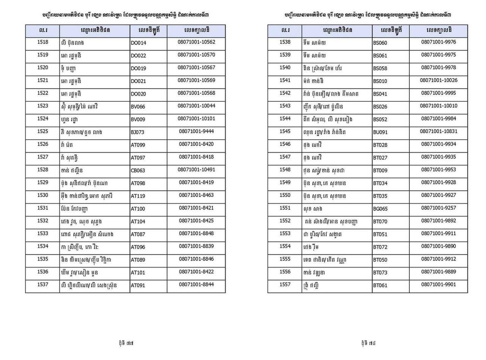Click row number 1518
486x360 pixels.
click(x=43, y=42)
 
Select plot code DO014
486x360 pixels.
click(x=138, y=43)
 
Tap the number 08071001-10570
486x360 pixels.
click(x=196, y=55)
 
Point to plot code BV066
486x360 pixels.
click(x=138, y=107)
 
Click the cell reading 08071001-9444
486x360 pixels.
click(x=196, y=131)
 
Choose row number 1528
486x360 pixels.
click(x=43, y=170)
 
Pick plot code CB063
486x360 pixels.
click(x=138, y=170)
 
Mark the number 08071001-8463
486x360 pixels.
click(x=196, y=195)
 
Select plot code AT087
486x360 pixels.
click(x=138, y=234)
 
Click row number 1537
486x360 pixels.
click(x=43, y=285)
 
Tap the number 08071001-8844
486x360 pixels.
click(x=196, y=285)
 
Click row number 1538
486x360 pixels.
click(x=285, y=42)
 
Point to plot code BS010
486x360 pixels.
click(x=380, y=81)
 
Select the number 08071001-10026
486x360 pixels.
click(x=439, y=80)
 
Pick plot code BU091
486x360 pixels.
click(x=380, y=132)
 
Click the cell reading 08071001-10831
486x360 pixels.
click(x=439, y=131)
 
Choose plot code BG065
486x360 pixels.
click(x=380, y=209)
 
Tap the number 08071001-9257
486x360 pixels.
click(x=439, y=208)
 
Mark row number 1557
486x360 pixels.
click(x=285, y=285)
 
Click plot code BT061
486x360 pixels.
click(x=380, y=285)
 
